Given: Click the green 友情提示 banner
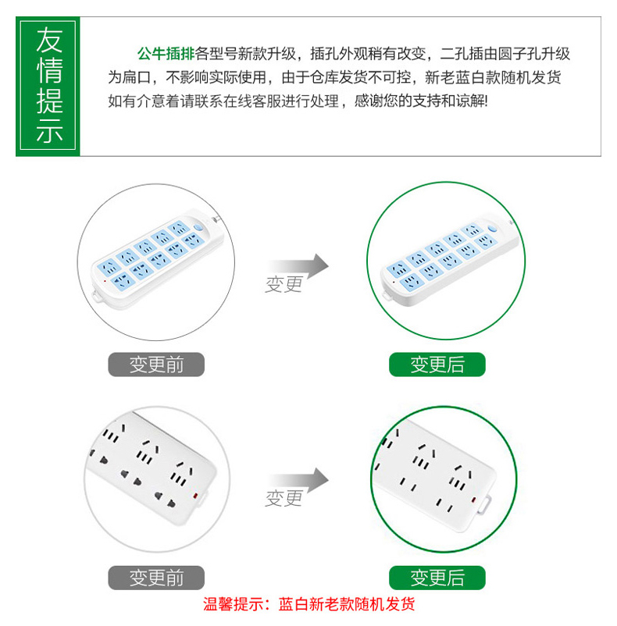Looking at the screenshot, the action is (48, 86).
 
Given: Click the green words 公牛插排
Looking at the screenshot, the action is (166, 54).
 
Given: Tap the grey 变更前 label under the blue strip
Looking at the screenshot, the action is (156, 365).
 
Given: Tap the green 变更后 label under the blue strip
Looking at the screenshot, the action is (437, 365).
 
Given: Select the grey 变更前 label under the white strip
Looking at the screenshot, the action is (156, 578).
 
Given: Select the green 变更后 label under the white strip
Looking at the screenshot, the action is (437, 578).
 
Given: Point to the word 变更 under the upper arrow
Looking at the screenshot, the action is (284, 285).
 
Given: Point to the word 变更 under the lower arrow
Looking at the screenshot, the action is (284, 499).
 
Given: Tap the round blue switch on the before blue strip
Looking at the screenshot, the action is (198, 228).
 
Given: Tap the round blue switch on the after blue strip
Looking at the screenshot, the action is (492, 229).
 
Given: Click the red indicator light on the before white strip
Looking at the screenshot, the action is (195, 496).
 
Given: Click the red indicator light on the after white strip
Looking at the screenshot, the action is (473, 500).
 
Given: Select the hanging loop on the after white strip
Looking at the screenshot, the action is (485, 504).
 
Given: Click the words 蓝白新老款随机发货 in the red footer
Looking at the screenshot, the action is (347, 604).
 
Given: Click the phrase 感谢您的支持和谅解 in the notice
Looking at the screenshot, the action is (419, 101).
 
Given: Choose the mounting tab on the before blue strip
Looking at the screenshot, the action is (98, 296).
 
